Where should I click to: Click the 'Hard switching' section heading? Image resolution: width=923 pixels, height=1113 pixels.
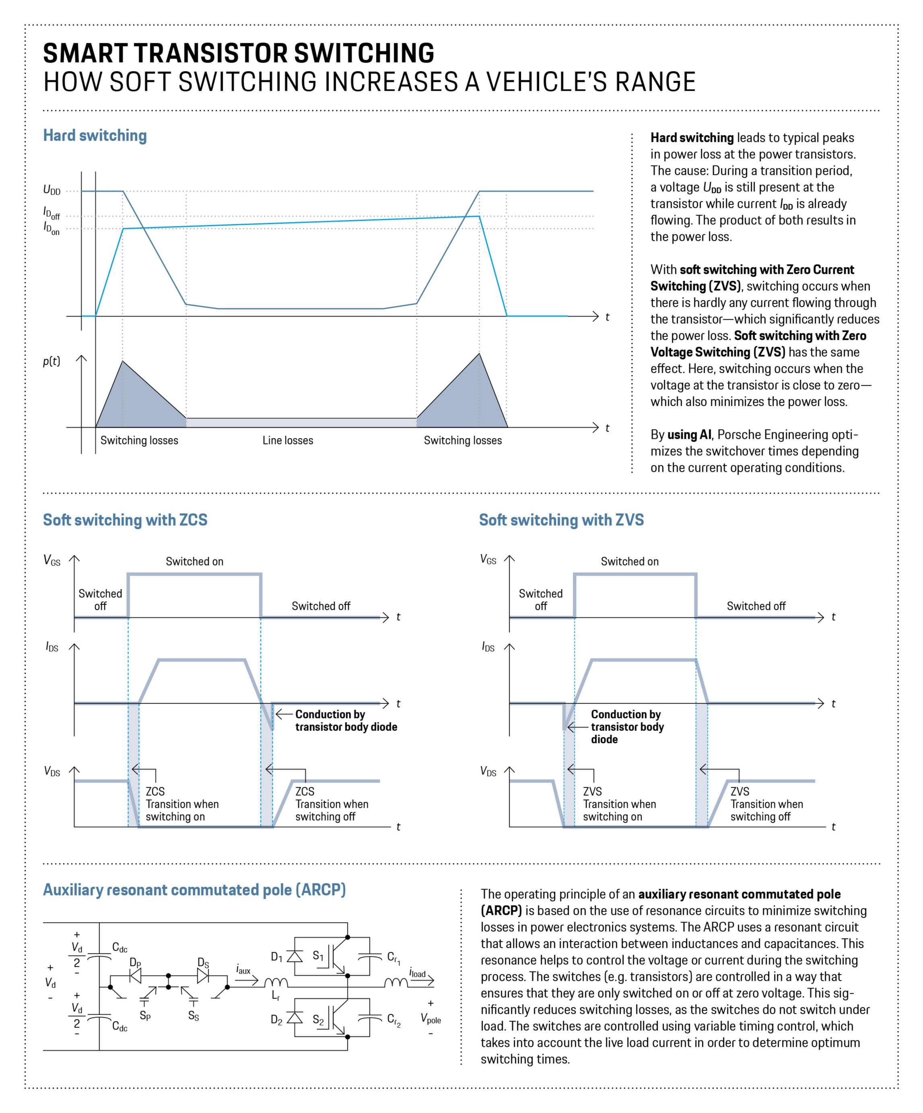(95, 136)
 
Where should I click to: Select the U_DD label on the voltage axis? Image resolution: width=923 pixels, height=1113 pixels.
(52, 190)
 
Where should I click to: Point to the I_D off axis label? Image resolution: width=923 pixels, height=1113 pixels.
(52, 213)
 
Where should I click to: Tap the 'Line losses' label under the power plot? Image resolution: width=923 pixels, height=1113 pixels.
(288, 441)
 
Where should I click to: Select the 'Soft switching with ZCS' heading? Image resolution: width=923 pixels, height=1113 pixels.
(125, 520)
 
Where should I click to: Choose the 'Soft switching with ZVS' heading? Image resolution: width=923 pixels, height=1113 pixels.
(561, 520)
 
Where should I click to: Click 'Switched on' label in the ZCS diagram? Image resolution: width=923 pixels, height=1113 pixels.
(194, 561)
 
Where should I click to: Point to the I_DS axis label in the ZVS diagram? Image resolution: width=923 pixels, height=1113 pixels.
(488, 647)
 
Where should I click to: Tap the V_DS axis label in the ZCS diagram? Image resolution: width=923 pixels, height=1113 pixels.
(52, 771)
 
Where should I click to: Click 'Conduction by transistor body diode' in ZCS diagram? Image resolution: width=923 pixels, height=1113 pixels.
(346, 721)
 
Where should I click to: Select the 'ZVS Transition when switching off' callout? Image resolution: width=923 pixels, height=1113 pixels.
(766, 804)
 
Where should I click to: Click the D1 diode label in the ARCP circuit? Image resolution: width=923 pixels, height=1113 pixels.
(276, 957)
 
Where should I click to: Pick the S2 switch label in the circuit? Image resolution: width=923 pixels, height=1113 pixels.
(318, 1020)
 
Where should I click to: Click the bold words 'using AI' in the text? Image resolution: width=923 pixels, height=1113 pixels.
(689, 435)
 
